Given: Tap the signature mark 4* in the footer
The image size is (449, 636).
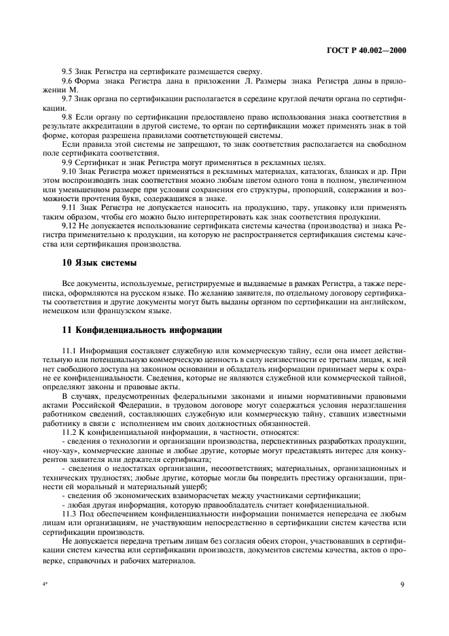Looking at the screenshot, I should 44,584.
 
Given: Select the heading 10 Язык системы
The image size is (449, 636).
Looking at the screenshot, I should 93,262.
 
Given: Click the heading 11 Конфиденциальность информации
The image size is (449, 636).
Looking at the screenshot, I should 143,330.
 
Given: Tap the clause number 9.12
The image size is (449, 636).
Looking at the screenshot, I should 71,224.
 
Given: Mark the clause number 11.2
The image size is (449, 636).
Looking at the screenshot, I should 71,430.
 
